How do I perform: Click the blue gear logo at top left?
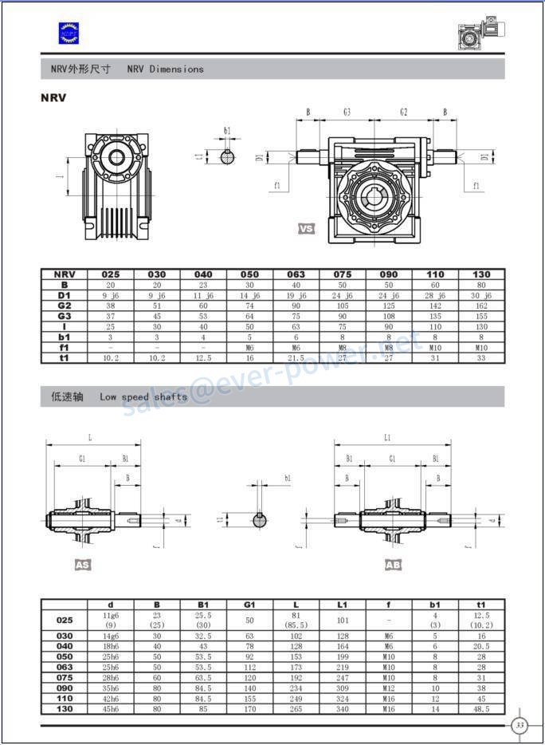[x=69, y=32]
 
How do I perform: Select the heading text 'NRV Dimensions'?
[x=165, y=69]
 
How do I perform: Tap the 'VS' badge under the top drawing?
[x=306, y=229]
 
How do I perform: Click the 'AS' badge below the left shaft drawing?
[x=82, y=565]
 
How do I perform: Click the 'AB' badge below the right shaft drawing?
[x=393, y=565]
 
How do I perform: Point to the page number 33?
[x=520, y=725]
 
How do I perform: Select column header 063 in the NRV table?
[x=296, y=274]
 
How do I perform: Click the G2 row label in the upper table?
[x=65, y=305]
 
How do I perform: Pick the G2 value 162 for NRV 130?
[x=481, y=305]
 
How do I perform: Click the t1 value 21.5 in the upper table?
[x=296, y=358]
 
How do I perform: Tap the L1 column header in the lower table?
[x=342, y=605]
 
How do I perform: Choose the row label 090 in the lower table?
[x=65, y=688]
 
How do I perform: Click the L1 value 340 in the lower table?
[x=342, y=708]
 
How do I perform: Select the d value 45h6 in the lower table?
[x=111, y=708]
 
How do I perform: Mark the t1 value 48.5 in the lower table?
[x=480, y=708]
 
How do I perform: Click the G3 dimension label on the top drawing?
[x=347, y=112]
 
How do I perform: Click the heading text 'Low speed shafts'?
[x=143, y=396]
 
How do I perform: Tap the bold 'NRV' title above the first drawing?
[x=53, y=98]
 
